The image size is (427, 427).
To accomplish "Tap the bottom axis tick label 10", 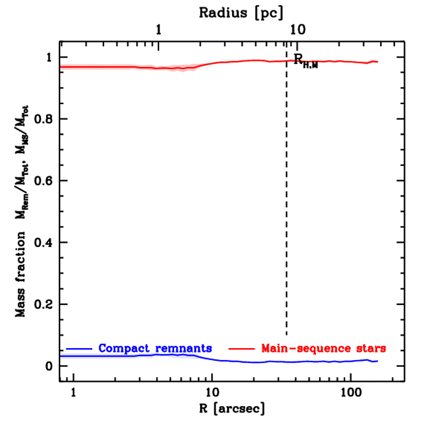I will coord(212,392).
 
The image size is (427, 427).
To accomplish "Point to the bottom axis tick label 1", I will coord(73,392).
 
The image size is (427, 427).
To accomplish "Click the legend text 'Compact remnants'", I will coord(155,348).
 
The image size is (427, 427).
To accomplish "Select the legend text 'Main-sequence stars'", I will coord(324,348).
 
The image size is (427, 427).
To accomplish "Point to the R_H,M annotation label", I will coord(306,61).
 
